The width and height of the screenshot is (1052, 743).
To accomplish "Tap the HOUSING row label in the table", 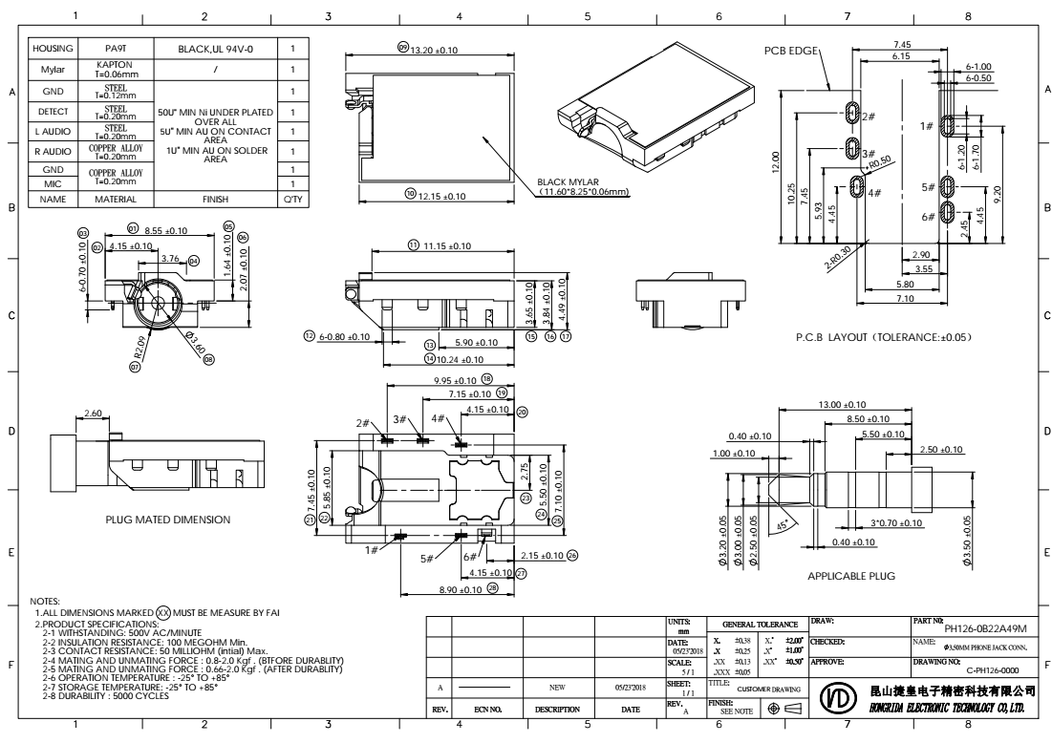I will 53,47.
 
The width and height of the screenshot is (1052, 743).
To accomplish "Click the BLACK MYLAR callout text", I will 581,187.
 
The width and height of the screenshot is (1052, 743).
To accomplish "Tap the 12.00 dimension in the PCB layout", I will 777,157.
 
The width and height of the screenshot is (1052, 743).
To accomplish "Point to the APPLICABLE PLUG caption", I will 850,577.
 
